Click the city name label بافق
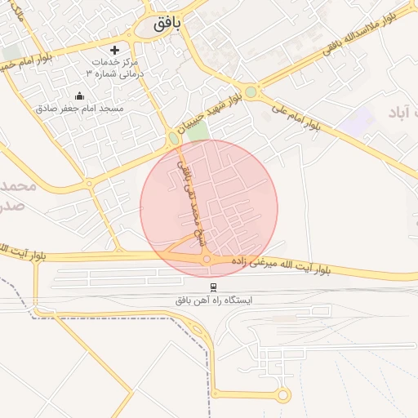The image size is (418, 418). click(166, 24)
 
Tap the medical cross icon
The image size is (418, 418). click(126, 50)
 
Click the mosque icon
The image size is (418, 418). click(79, 96)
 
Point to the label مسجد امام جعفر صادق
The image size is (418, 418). click(79, 109)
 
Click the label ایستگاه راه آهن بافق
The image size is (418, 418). click(214, 300)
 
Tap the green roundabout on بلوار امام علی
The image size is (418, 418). click(250, 92)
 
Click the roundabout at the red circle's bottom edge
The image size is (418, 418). click(207, 259)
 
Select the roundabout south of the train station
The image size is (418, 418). click(283, 395)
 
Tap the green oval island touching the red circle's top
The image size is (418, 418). click(174, 138)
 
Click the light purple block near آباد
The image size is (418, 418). click(358, 122)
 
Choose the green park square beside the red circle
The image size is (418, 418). click(199, 130)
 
